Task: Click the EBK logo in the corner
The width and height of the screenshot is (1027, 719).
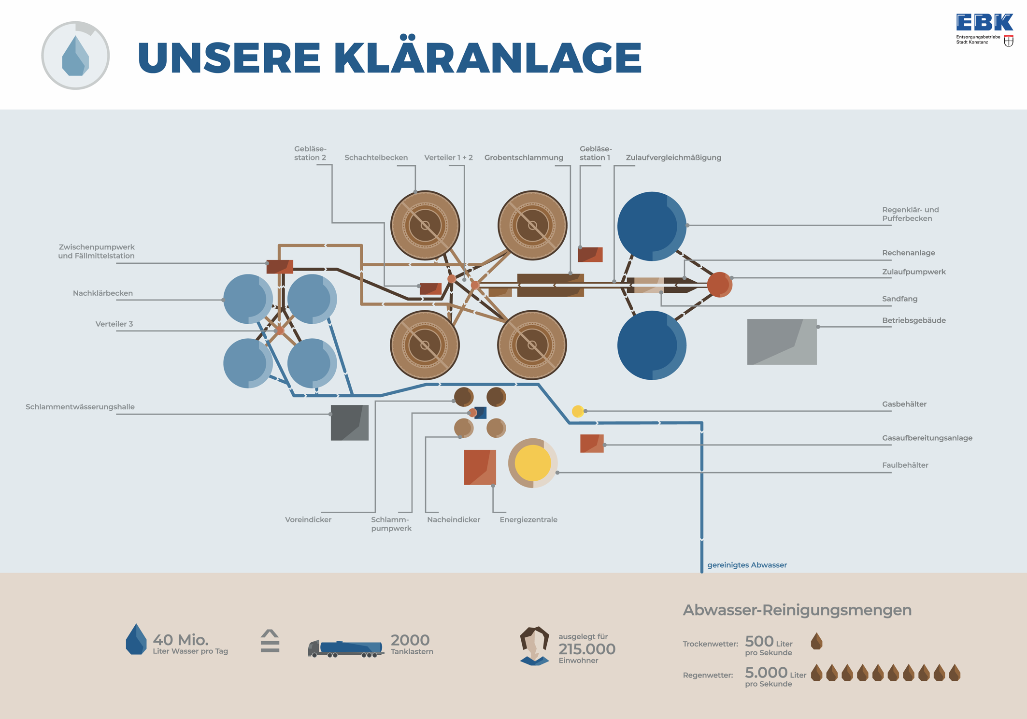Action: pos(984,29)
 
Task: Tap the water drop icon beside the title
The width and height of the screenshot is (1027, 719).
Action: pos(75,56)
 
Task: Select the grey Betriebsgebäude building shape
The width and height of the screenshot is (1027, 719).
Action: pos(782,342)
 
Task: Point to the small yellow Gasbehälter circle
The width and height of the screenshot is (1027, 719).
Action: pos(577,411)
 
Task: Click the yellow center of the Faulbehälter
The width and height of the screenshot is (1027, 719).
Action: pos(532,463)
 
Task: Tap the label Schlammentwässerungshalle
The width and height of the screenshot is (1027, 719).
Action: pos(80,407)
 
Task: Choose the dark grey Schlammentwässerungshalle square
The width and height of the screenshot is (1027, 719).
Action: pos(349,423)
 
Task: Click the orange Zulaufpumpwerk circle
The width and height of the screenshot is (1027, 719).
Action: pos(719,285)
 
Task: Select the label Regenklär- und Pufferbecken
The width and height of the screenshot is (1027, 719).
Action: pos(910,214)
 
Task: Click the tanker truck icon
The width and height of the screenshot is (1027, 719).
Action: pos(345,648)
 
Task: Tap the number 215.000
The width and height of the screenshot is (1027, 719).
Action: pos(586,649)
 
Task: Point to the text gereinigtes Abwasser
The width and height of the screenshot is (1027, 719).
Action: pos(747,565)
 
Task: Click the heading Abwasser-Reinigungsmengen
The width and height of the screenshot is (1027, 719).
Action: pos(797,610)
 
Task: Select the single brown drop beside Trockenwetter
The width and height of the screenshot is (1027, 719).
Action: pos(816,641)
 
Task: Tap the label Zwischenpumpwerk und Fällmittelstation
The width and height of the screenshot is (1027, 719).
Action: pos(97,251)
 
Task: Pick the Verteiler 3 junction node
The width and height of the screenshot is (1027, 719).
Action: pos(280,331)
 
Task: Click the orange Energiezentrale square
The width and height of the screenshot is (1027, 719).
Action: pos(480,467)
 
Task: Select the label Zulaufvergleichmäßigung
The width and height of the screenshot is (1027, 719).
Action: pos(673,158)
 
